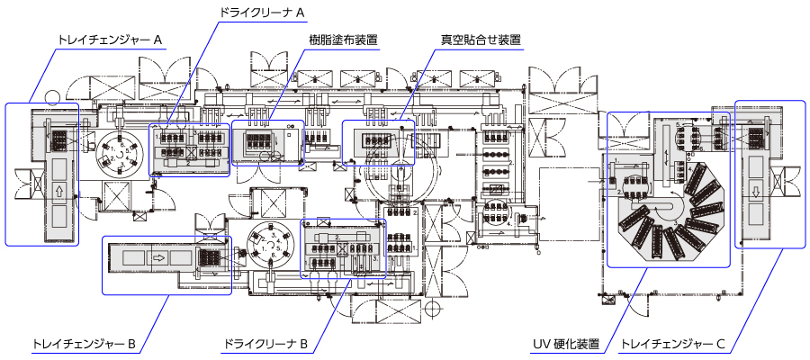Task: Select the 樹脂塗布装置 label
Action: pos(342,40)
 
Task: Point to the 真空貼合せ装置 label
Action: pos(481,40)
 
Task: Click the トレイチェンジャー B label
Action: pos(83,344)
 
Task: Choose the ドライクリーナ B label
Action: pos(265,344)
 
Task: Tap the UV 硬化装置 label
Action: pos(568,344)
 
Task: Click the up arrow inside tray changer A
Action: pos(60,191)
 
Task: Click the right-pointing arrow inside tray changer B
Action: pos(157,256)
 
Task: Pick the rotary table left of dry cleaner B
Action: pos(272,247)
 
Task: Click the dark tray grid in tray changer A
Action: pos(60,139)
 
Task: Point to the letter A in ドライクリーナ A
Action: pos(301,13)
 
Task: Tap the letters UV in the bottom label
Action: pos(542,344)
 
